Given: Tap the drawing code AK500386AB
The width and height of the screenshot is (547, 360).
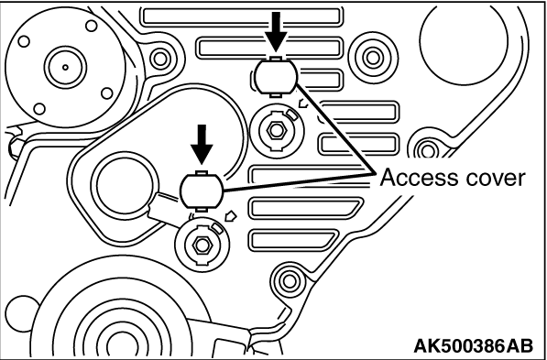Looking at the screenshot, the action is (x=473, y=345).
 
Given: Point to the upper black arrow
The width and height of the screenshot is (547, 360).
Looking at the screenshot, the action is (x=276, y=32).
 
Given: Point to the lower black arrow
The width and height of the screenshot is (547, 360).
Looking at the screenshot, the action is (x=202, y=145).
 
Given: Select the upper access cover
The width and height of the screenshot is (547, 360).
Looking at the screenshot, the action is (x=276, y=76).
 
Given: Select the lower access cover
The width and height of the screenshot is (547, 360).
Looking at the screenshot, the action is (x=201, y=191).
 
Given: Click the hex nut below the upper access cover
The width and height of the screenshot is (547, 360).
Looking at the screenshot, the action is (x=277, y=130).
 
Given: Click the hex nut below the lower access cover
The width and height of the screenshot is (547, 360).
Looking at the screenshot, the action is (x=202, y=245).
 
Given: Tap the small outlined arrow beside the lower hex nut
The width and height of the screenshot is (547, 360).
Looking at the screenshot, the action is (x=231, y=216).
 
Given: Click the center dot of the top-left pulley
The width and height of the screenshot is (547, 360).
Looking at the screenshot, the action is (x=65, y=67).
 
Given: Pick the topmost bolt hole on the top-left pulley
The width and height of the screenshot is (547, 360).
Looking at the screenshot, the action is (x=92, y=26).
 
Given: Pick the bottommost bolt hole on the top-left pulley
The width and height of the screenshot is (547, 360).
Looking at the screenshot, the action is (x=39, y=108).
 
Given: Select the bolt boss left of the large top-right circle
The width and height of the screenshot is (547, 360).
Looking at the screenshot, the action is (x=373, y=58).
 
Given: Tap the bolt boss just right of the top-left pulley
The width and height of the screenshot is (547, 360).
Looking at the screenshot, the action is (x=160, y=59).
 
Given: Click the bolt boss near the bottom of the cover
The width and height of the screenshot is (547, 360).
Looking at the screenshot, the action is (x=289, y=281).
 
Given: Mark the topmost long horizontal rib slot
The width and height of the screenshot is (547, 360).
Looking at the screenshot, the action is (x=241, y=16).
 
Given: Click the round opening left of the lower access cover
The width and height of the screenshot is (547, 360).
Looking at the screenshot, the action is (x=126, y=185).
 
